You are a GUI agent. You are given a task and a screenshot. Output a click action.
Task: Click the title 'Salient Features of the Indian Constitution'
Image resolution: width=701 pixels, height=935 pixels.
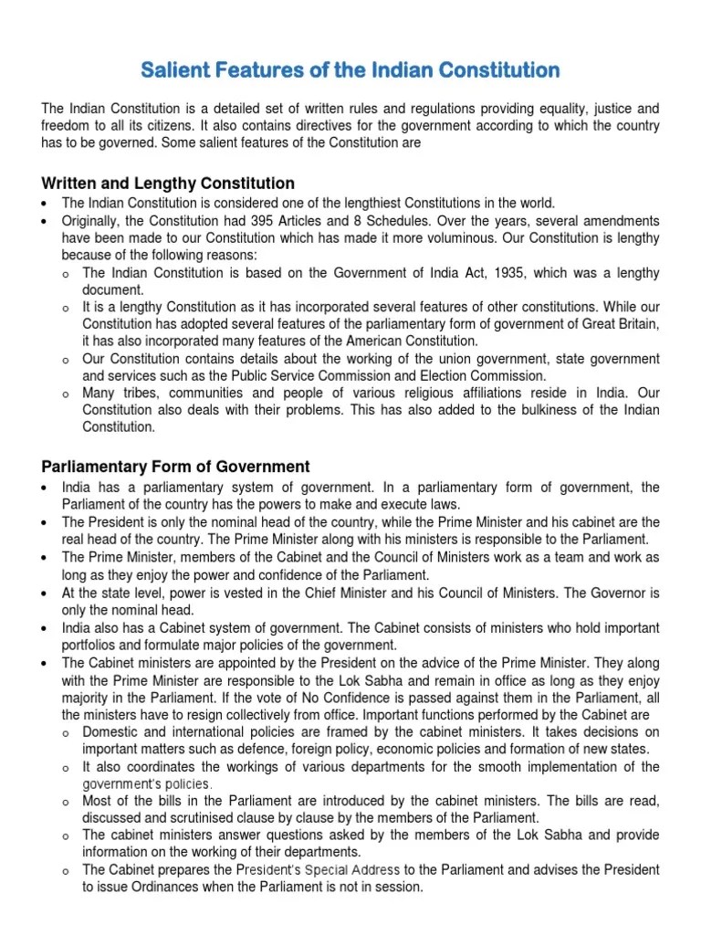[350, 69]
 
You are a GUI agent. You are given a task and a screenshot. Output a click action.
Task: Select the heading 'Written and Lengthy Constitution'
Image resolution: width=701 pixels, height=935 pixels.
[168, 183]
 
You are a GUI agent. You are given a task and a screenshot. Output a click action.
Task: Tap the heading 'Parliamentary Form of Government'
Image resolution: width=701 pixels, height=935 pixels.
[175, 467]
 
